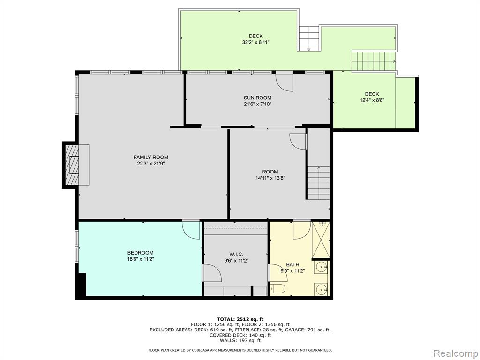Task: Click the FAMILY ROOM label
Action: [x=150, y=157]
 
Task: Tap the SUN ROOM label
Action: [x=257, y=98]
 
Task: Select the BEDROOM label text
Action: [x=141, y=253]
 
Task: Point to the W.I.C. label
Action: [x=236, y=255]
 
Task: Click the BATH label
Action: [x=292, y=264]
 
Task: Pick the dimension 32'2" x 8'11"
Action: [x=255, y=43]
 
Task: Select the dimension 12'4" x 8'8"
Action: [x=372, y=100]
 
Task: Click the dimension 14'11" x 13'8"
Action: [x=270, y=178]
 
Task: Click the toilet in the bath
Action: [x=277, y=288]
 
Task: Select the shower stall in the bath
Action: [x=321, y=240]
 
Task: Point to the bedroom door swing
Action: [x=191, y=230]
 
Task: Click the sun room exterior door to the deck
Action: [x=285, y=81]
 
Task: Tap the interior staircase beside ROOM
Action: [x=319, y=183]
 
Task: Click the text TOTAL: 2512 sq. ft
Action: [x=240, y=319]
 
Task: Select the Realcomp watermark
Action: [x=456, y=353]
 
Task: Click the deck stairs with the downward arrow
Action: [x=309, y=38]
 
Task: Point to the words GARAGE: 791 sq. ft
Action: [x=308, y=330]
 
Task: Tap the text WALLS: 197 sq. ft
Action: [x=240, y=340]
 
